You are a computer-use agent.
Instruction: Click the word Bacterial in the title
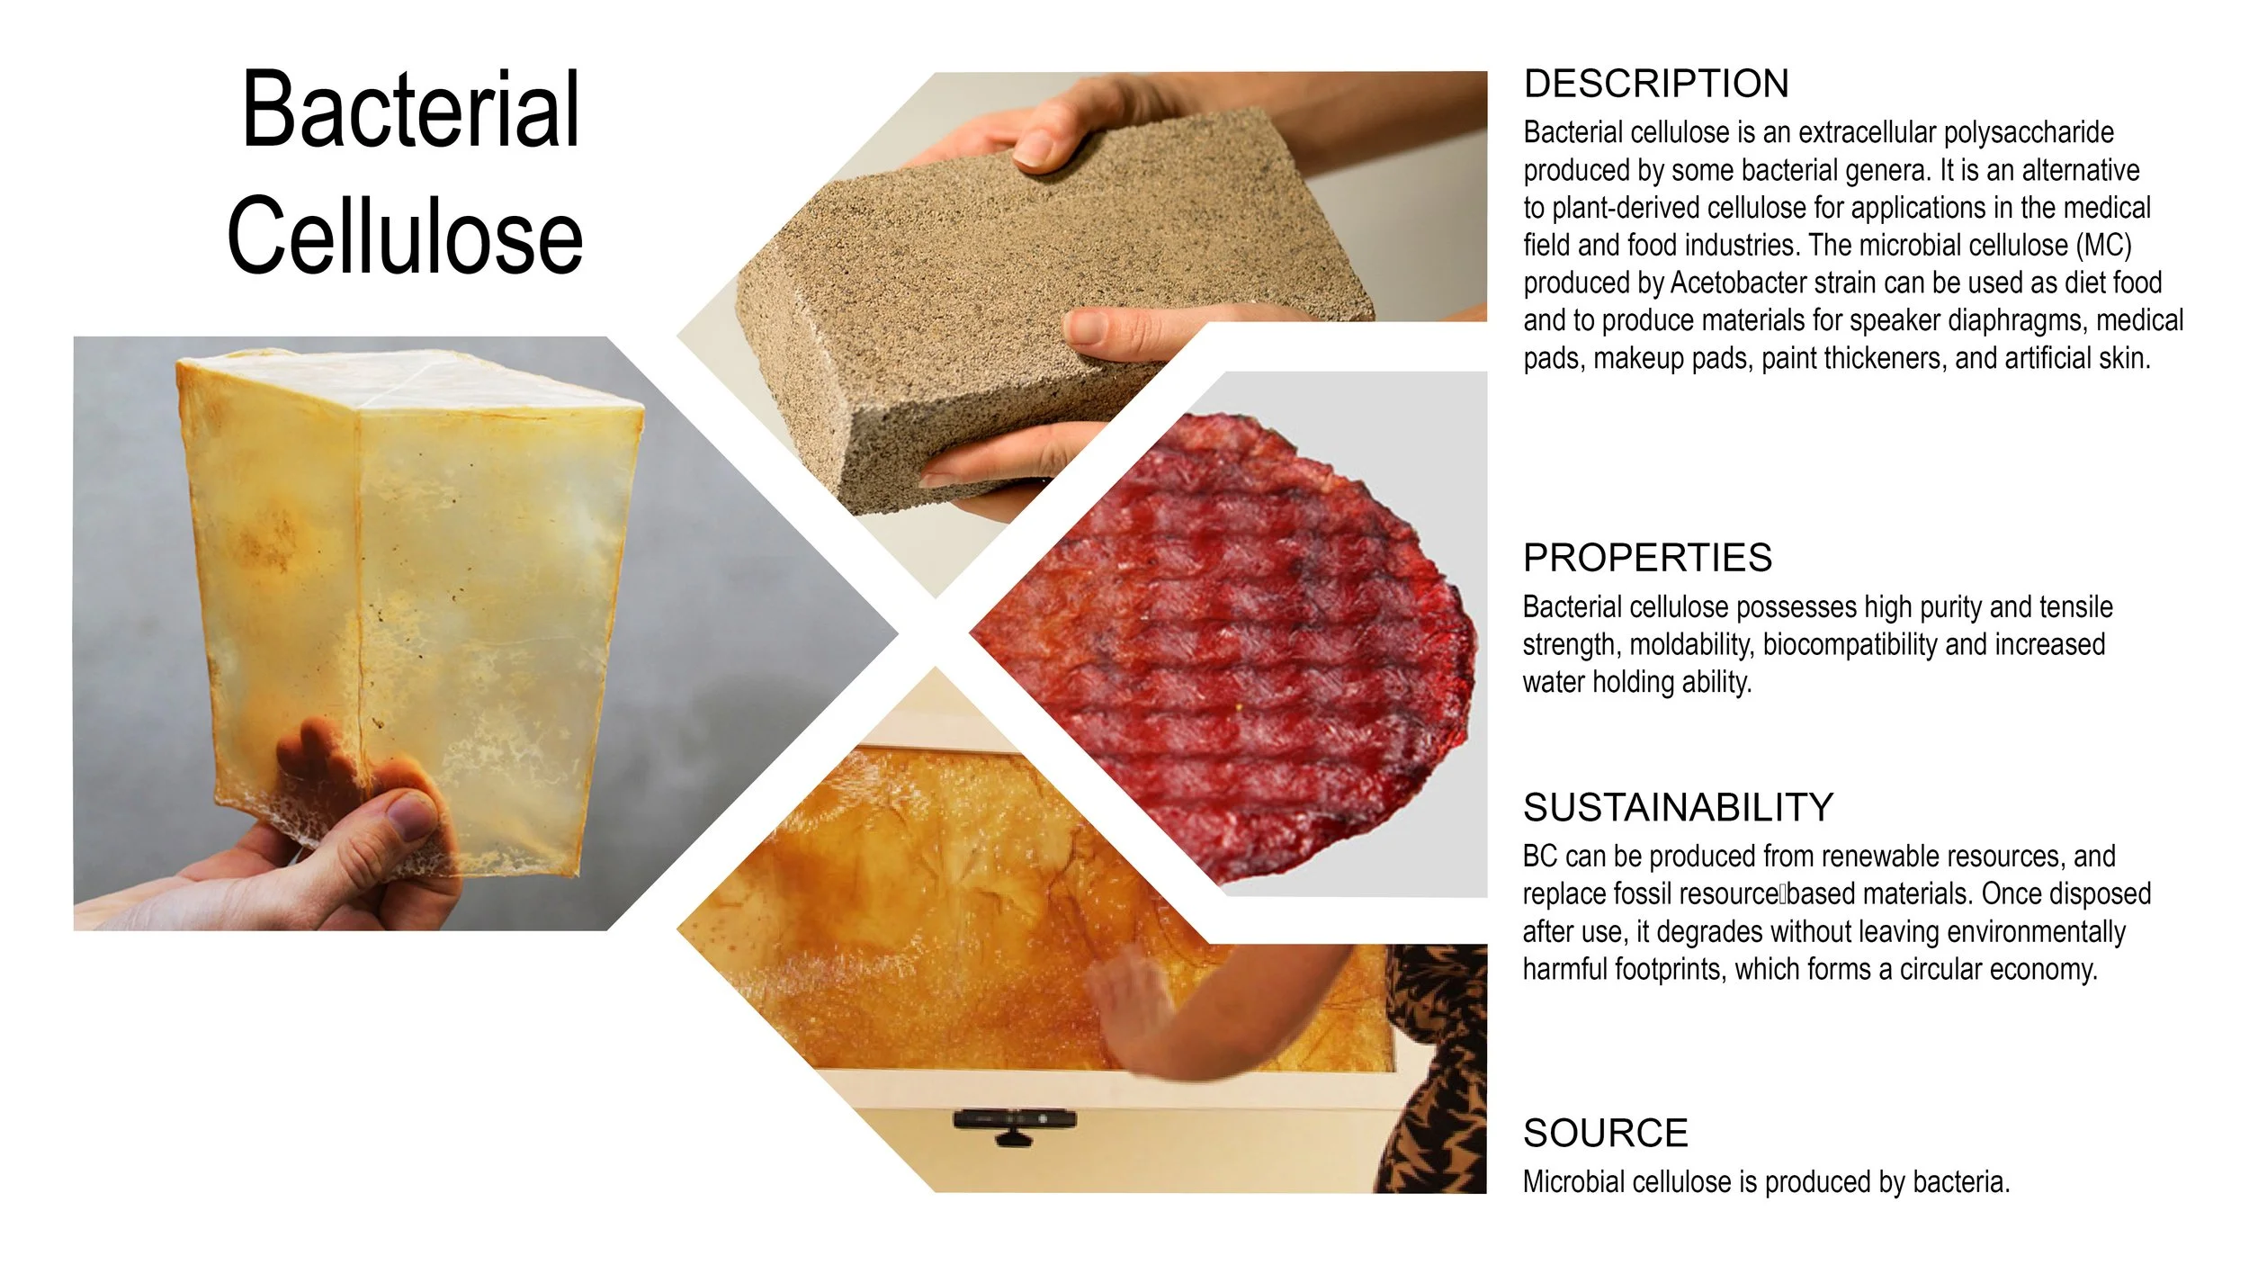pos(411,110)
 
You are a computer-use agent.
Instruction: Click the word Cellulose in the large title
pos(405,237)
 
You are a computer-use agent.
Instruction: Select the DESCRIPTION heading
pos(1656,84)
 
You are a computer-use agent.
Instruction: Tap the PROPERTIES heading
pos(1647,558)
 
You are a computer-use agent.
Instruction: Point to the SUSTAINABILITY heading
pos(1678,807)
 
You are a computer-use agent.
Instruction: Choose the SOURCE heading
pos(1605,1133)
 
